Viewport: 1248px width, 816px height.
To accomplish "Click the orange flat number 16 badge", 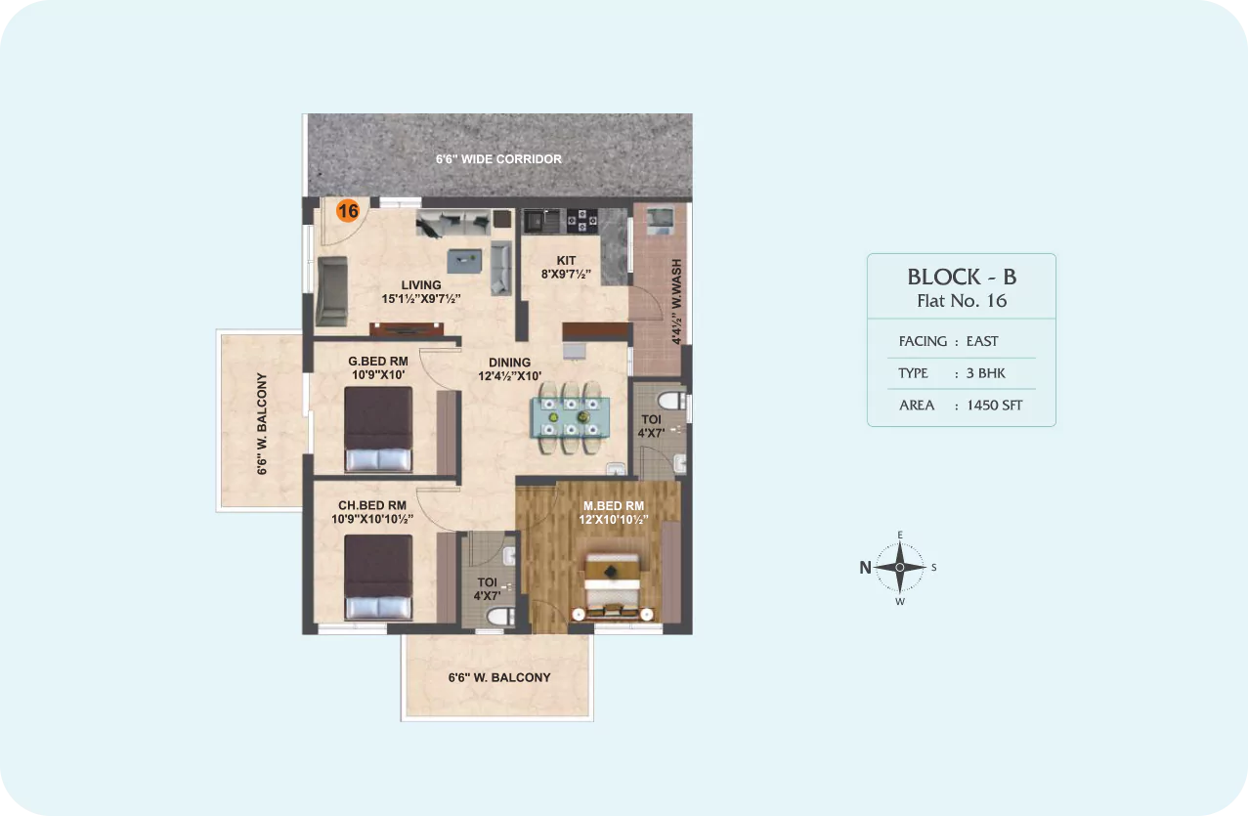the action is point(348,210).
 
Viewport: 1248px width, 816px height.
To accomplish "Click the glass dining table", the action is point(570,417).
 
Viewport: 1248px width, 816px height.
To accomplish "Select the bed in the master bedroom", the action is point(612,586).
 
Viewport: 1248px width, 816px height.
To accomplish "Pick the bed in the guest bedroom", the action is point(378,429).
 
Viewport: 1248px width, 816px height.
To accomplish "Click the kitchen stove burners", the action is point(581,221).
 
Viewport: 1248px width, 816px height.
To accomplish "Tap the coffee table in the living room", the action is point(464,261).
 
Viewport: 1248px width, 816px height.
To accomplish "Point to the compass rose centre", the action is point(900,568).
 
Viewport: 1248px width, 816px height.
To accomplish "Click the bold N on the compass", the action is point(865,568).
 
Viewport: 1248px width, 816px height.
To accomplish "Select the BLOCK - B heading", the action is point(963,277).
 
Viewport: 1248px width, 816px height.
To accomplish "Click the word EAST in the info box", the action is point(982,341).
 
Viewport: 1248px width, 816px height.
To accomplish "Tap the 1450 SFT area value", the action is point(995,405).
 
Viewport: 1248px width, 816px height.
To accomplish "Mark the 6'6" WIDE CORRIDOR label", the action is point(498,159).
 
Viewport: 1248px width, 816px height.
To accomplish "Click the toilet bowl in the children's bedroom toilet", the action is point(499,618).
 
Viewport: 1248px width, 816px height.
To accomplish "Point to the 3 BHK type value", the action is point(985,373).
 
